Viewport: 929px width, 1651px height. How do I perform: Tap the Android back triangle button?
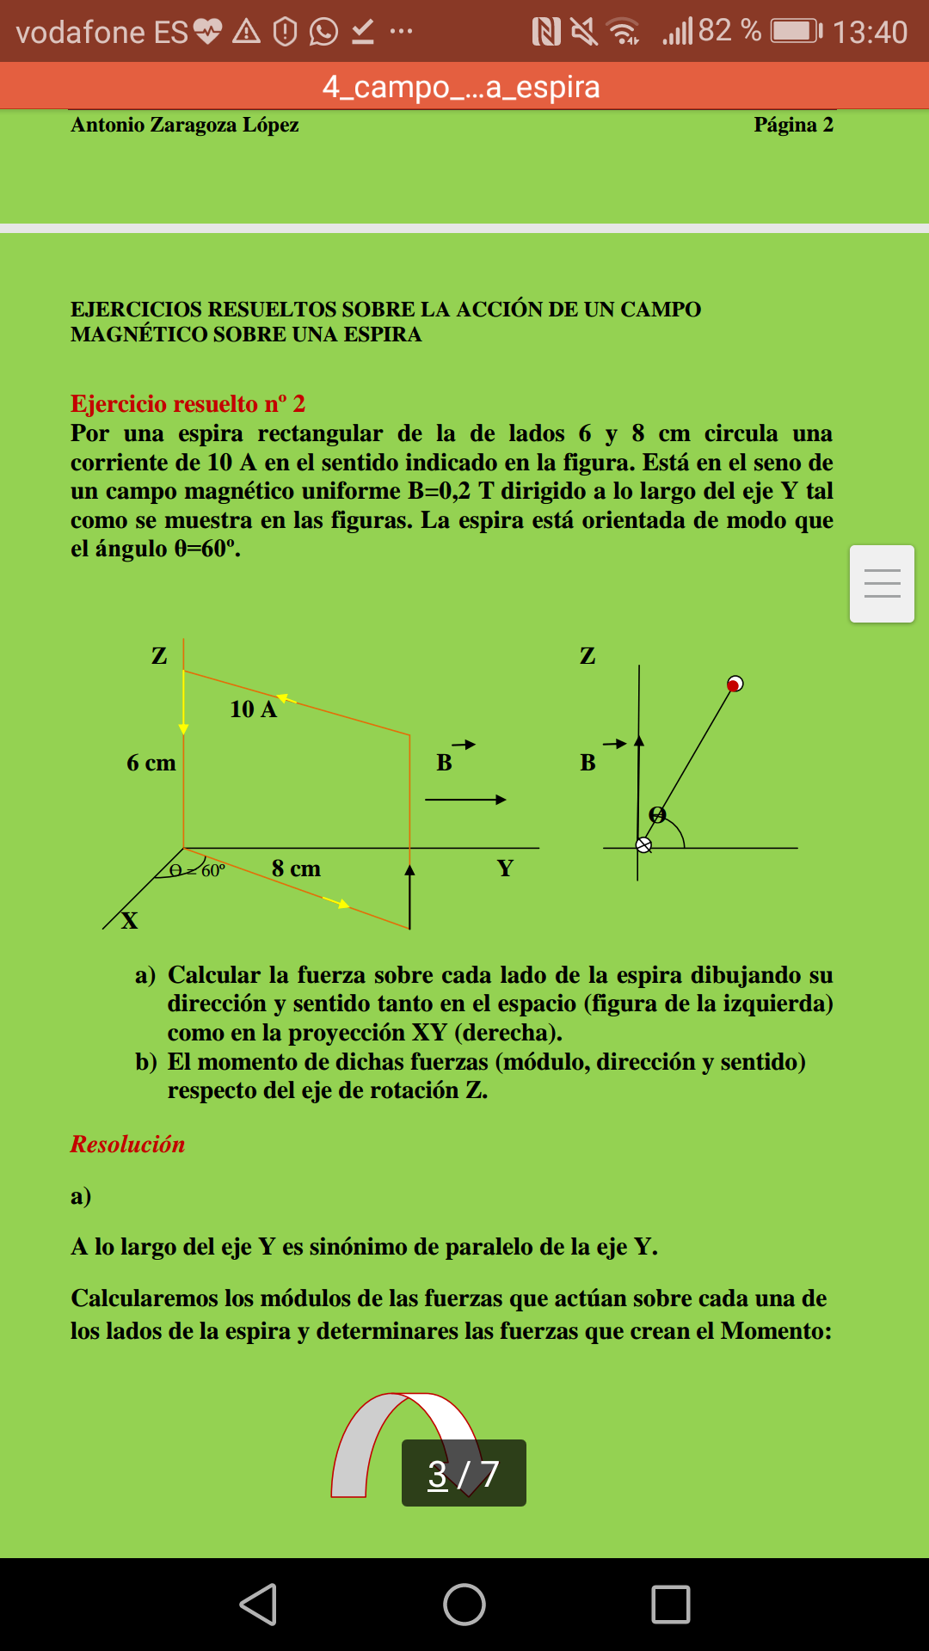(258, 1605)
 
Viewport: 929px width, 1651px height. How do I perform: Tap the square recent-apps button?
(671, 1605)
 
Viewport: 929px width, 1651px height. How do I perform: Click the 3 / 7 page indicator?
(464, 1473)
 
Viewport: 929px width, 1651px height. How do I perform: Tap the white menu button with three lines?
(882, 584)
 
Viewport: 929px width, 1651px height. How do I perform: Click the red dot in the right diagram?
(735, 684)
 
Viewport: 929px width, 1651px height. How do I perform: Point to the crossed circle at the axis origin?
(643, 845)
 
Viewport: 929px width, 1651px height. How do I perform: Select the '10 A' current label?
(253, 709)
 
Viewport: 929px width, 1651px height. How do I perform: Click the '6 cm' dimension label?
(151, 763)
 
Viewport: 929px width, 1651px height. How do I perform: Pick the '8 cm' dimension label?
(296, 868)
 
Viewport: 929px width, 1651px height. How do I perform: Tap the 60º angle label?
(212, 870)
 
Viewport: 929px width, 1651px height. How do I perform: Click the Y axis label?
(505, 868)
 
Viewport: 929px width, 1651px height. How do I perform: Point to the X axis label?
(129, 921)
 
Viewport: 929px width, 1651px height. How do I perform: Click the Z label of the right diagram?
(588, 656)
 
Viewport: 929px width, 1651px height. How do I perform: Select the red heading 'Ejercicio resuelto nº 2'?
(188, 403)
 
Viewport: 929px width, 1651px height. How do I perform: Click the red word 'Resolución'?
(127, 1145)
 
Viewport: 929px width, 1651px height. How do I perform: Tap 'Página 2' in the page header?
(793, 125)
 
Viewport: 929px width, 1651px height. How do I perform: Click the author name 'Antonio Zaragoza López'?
(185, 125)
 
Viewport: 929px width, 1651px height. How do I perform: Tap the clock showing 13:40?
(870, 33)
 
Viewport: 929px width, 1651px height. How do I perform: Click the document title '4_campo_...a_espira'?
(461, 87)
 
